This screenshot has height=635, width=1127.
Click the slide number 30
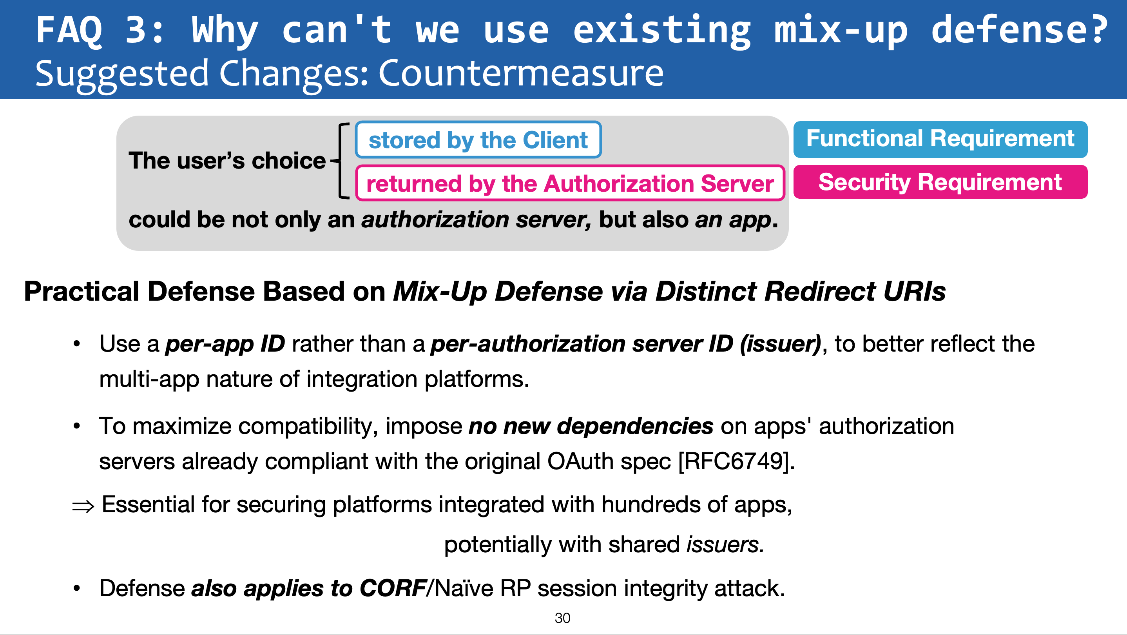tap(562, 618)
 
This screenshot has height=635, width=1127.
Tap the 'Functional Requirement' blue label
tap(940, 139)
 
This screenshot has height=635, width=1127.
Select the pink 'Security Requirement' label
tap(940, 182)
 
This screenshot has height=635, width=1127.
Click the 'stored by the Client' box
tap(478, 140)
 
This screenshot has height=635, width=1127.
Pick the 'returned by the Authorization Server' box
tap(570, 183)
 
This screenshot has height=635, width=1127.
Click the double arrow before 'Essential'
tap(83, 507)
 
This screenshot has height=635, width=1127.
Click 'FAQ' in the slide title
tap(69, 30)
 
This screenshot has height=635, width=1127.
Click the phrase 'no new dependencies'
tap(591, 426)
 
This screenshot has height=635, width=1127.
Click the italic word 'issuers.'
tap(725, 545)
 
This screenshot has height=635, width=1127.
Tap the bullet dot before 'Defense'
tap(77, 589)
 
